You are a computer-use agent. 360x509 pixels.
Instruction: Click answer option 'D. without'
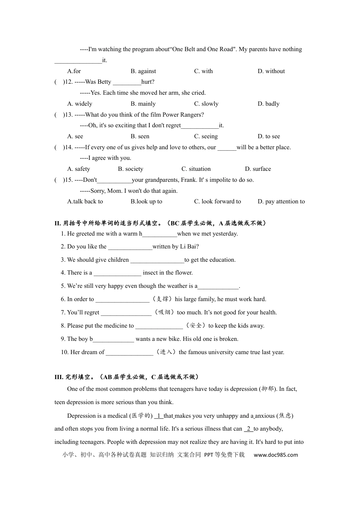pyautogui.click(x=271, y=71)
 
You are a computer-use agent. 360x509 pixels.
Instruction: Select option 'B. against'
pyautogui.click(x=143, y=71)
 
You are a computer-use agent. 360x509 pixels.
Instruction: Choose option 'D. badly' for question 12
pyautogui.click(x=268, y=104)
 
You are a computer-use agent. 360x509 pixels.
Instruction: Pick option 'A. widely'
pyautogui.click(x=80, y=104)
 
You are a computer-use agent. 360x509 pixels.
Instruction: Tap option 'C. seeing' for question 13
pyautogui.click(x=206, y=136)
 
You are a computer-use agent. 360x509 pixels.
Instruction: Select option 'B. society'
pyautogui.click(x=130, y=169)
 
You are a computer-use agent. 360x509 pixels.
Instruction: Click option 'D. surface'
pyautogui.click(x=258, y=169)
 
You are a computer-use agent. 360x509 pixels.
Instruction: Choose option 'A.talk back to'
pyautogui.click(x=85, y=201)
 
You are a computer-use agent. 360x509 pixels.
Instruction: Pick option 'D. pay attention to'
pyautogui.click(x=281, y=201)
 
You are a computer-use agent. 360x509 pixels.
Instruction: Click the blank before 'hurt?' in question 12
pyautogui.click(x=127, y=82)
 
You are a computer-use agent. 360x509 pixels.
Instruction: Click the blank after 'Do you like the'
pyautogui.click(x=130, y=247)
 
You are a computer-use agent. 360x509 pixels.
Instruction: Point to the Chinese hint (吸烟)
pyautogui.click(x=164, y=312)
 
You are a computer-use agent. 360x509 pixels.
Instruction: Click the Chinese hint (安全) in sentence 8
pyautogui.click(x=196, y=326)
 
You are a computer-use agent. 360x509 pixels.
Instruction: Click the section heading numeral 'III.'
pyautogui.click(x=59, y=377)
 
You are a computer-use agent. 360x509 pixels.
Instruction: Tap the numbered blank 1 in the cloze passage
pyautogui.click(x=159, y=416)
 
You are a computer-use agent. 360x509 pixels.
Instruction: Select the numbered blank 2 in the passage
pyautogui.click(x=248, y=429)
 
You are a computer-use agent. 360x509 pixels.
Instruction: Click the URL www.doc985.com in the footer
pyautogui.click(x=275, y=455)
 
